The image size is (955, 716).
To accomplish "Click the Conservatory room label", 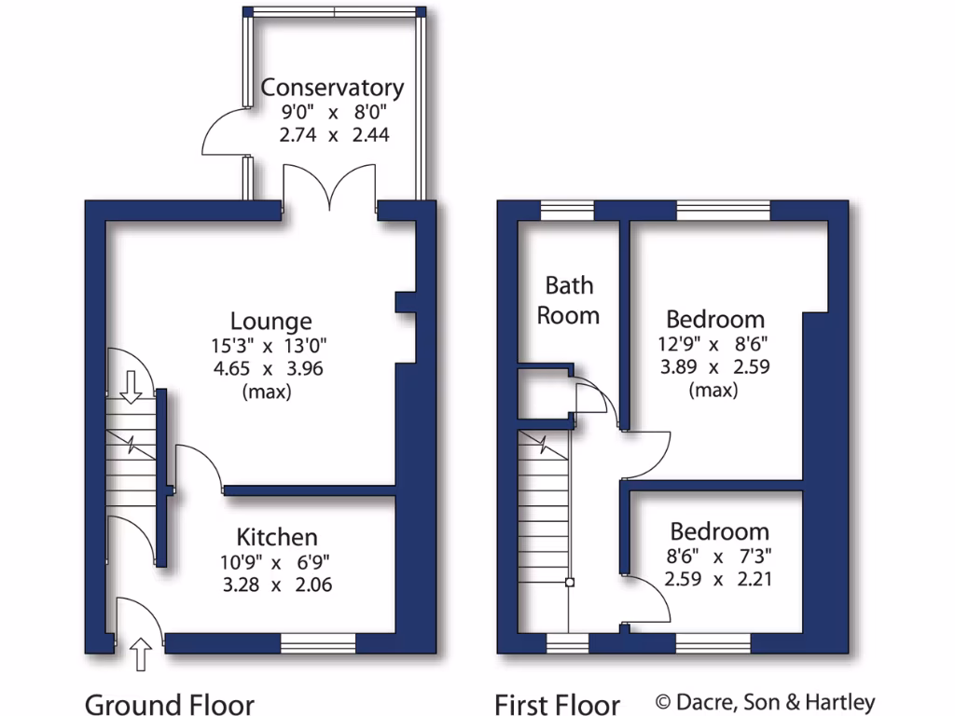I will click(x=332, y=88).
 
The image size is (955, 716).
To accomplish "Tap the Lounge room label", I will click(x=271, y=322).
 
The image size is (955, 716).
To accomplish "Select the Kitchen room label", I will click(x=277, y=537).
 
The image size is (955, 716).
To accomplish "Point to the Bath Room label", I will click(x=568, y=300).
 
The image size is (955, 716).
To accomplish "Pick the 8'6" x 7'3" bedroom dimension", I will click(x=720, y=557).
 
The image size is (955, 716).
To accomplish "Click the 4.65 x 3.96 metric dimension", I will click(x=267, y=368).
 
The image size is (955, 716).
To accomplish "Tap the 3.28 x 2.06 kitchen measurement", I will click(x=275, y=585).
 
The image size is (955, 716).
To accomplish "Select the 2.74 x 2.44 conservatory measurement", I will click(x=333, y=134).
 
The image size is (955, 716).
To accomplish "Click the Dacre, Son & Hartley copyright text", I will click(x=765, y=702).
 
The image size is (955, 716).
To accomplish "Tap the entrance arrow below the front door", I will click(x=140, y=654).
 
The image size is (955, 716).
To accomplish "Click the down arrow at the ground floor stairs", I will click(x=131, y=385).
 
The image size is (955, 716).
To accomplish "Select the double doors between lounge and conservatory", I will click(x=330, y=186).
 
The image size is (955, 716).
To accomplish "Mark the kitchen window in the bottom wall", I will click(x=318, y=642).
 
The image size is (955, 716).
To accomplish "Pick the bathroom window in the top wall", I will click(x=568, y=211).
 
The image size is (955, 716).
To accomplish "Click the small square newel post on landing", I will click(x=570, y=584).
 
